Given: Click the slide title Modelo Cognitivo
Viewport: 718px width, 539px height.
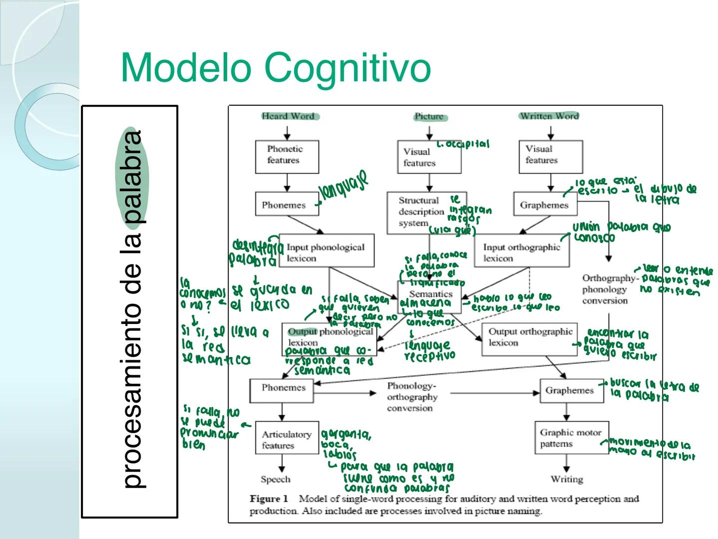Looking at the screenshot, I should click(276, 67).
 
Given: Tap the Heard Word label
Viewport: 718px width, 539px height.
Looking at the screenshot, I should click(288, 116).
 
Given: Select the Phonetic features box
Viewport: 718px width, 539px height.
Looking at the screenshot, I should click(287, 155).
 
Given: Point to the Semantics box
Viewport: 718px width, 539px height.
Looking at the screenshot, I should click(430, 294).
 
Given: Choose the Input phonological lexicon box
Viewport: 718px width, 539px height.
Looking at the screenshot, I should click(326, 253).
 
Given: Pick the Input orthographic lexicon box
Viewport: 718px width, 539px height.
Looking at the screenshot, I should click(522, 253).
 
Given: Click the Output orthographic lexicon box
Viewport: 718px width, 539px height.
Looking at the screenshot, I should click(530, 337).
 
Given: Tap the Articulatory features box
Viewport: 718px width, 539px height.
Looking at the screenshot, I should click(287, 439).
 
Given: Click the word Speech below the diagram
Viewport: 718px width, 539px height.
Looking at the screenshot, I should click(275, 479).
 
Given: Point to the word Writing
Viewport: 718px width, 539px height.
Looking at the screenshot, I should click(567, 479).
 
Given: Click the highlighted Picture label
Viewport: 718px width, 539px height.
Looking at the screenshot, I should click(429, 117).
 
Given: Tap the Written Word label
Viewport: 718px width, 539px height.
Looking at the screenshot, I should click(549, 116).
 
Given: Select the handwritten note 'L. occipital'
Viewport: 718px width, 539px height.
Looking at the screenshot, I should click(463, 145).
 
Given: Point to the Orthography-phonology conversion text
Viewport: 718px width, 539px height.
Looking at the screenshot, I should click(605, 289).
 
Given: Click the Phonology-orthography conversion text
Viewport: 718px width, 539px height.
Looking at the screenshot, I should click(411, 397).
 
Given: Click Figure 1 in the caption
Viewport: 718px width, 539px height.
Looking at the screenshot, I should click(269, 499).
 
